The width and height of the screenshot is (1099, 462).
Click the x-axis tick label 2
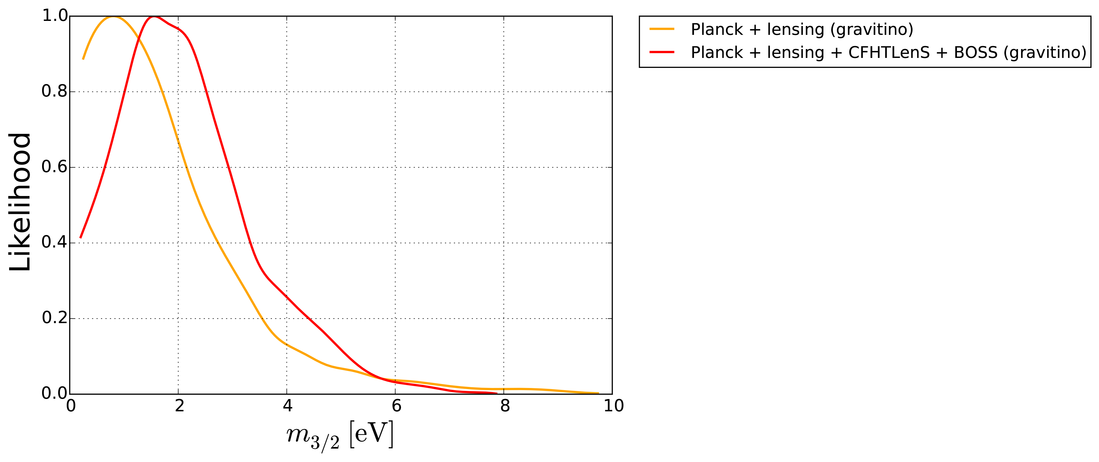pos(179,406)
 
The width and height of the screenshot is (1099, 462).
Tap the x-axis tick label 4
pos(288,406)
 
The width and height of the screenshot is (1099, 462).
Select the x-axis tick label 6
pos(396,406)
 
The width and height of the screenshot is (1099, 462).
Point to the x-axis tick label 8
pos(505,406)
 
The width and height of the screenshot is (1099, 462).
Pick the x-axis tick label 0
pos(71,406)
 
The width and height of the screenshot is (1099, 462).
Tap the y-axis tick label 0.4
pos(55,242)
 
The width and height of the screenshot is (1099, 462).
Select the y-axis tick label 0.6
pos(55,167)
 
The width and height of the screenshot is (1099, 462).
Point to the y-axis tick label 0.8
pos(55,91)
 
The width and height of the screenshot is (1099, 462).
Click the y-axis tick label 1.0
pos(55,16)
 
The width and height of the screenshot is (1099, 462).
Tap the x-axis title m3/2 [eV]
pos(340,435)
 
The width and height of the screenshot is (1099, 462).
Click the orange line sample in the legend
pos(662,29)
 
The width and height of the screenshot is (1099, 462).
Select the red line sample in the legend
pos(662,52)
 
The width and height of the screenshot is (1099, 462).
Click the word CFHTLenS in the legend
pos(889,53)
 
